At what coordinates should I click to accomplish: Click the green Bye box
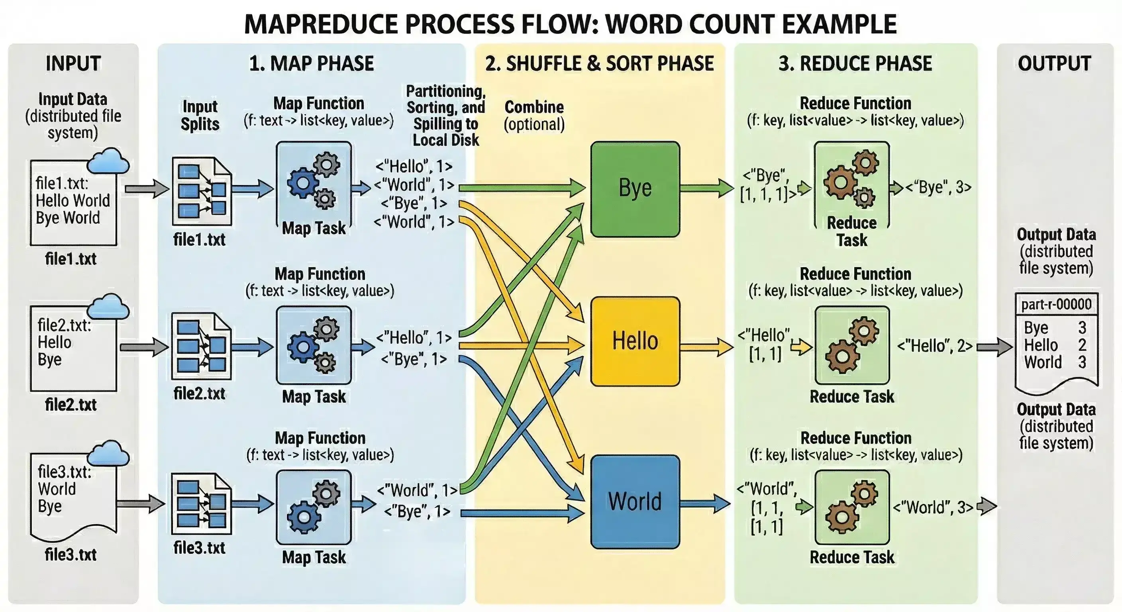point(635,189)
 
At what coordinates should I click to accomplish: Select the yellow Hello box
point(635,341)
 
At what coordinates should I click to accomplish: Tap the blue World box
point(635,501)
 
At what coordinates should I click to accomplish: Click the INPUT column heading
point(73,64)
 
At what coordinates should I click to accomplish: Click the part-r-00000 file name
point(1056,304)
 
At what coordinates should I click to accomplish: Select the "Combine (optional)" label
point(534,116)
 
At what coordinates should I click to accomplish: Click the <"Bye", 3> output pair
point(939,187)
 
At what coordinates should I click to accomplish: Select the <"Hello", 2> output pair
point(935,346)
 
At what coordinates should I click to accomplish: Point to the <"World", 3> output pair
point(933,507)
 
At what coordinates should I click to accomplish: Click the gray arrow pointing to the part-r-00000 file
point(994,347)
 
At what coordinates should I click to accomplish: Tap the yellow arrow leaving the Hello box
point(706,347)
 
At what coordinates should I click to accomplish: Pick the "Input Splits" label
point(200,116)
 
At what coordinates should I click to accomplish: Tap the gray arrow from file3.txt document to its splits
point(140,504)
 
